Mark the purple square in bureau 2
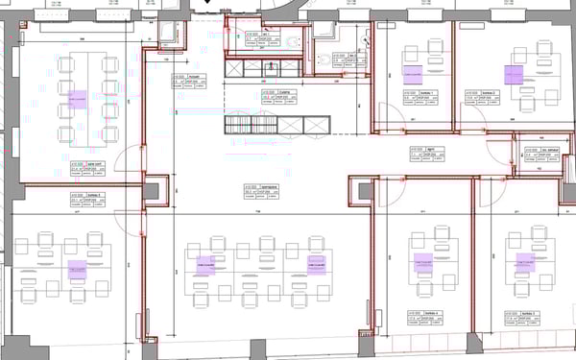(x=513, y=74)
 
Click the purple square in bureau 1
(x=413, y=72)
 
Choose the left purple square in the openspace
(x=204, y=261)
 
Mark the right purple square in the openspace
(x=315, y=261)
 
